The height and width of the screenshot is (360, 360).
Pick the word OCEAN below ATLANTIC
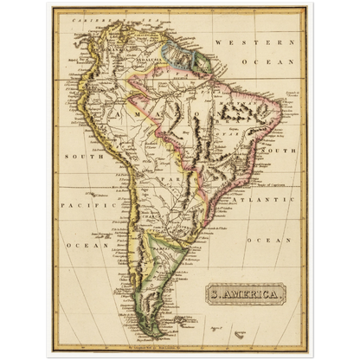266,238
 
